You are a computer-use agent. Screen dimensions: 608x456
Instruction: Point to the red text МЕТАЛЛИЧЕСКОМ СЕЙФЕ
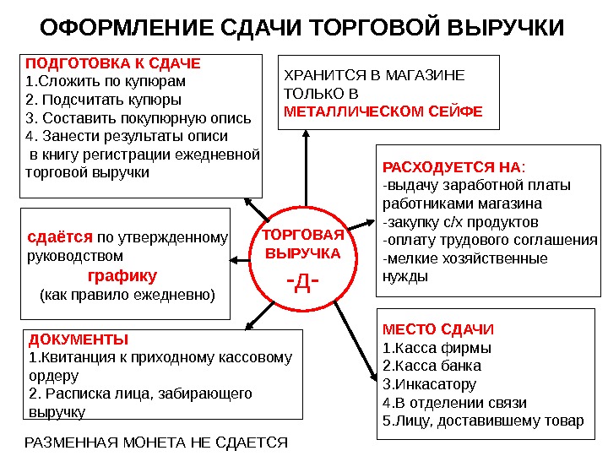pos(383,111)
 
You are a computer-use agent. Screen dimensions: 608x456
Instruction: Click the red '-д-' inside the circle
pos(303,280)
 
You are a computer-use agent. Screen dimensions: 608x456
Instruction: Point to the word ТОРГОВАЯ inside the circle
pos(303,234)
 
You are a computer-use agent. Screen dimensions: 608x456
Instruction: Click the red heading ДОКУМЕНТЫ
pos(79,339)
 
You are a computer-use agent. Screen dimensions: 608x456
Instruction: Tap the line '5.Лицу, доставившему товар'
pos(483,421)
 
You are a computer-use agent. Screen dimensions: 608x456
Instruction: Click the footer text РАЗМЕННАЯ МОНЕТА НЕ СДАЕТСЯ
pos(157,442)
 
